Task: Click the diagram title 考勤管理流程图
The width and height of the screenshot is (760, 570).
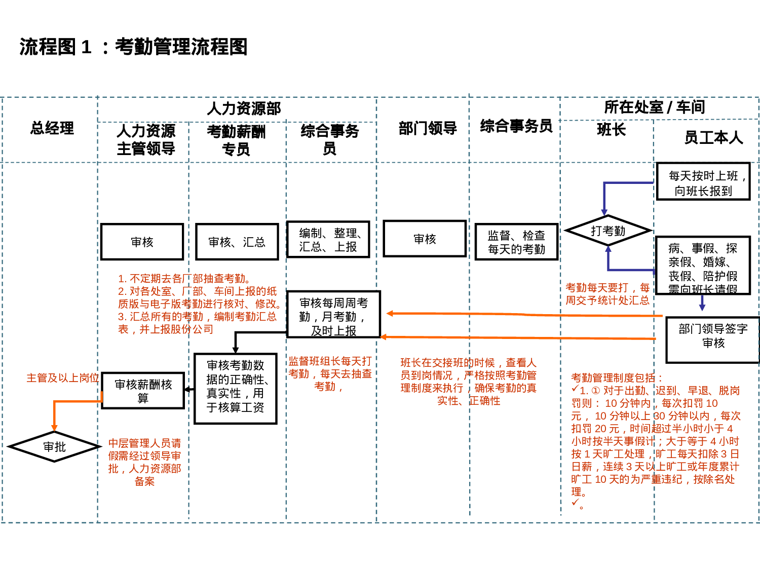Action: (133, 47)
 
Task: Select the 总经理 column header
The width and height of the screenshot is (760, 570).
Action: (52, 128)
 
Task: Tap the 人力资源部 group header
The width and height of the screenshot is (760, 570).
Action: (244, 108)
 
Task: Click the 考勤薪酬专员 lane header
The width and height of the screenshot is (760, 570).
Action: (236, 140)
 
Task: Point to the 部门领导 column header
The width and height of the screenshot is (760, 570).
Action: (428, 129)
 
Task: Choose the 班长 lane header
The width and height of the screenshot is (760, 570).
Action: (612, 130)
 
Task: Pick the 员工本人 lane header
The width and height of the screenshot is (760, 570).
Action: (713, 137)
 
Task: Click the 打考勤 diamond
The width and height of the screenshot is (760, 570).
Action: (608, 231)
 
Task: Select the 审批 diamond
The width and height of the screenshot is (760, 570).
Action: (55, 447)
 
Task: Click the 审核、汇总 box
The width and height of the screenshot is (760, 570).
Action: (237, 242)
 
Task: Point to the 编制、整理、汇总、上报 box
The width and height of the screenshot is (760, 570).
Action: (328, 240)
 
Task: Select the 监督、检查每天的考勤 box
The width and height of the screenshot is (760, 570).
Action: (516, 242)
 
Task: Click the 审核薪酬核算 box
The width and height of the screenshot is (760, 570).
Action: (143, 391)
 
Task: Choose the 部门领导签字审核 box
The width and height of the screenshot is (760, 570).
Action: (713, 339)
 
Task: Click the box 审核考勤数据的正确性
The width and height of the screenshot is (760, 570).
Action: (236, 389)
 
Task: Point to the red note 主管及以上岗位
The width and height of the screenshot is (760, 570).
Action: (62, 378)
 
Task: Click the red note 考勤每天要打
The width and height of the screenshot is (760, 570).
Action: (607, 294)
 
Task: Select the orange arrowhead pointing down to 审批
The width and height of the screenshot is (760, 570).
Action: (54, 428)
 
